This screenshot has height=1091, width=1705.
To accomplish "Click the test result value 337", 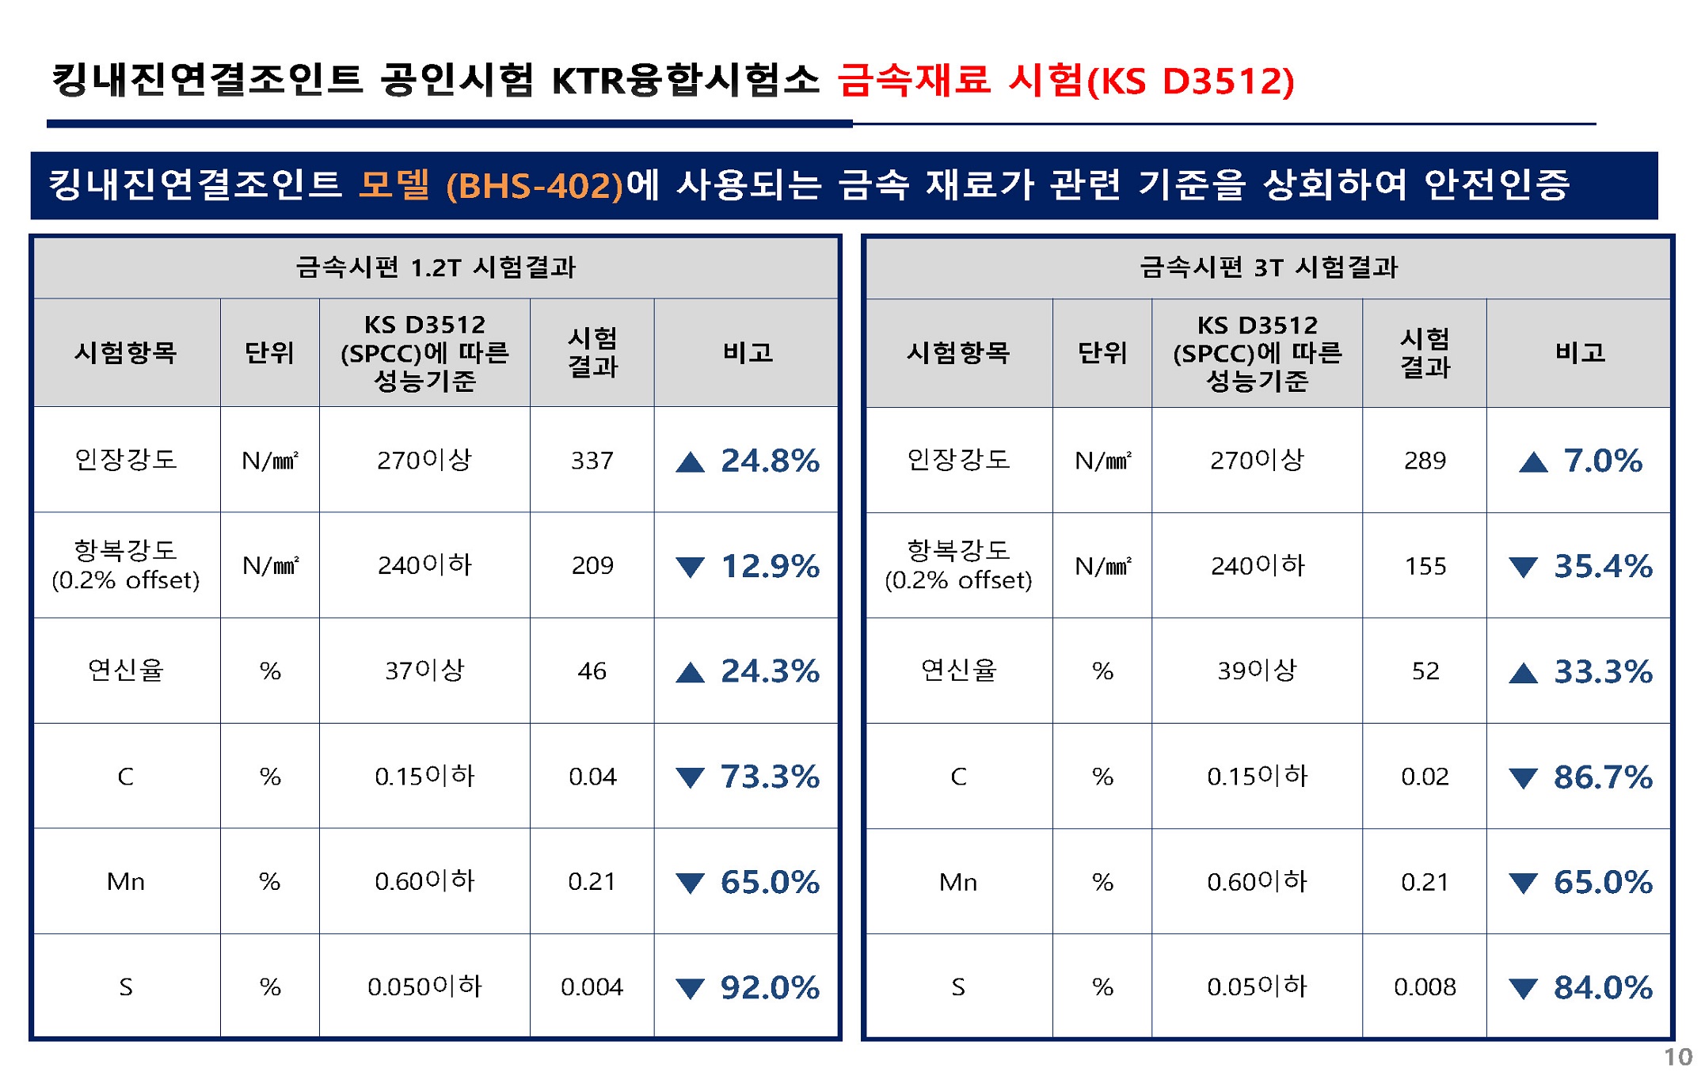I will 592,460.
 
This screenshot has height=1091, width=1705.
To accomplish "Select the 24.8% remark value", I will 769,460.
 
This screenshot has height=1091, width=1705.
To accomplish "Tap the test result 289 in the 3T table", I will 1425,460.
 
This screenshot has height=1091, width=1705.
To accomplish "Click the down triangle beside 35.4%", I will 1523,567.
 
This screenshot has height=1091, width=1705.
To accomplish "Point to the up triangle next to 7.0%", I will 1533,462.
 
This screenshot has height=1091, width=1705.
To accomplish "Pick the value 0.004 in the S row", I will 592,986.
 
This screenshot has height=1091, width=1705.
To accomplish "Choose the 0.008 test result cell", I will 1425,986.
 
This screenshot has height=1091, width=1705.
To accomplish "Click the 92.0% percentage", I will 769,987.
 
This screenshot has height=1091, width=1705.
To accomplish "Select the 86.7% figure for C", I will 1603,777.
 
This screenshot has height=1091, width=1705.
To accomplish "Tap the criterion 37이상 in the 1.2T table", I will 424,671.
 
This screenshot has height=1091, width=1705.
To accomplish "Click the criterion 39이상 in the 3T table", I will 1257,671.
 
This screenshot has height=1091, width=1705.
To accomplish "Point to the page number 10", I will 1677,1057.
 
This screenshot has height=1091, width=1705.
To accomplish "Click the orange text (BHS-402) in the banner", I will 535,186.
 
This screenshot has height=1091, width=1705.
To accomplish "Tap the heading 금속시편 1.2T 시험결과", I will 436,267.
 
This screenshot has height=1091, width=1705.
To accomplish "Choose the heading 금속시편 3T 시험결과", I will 1269,267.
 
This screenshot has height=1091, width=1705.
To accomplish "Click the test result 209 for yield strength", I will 592,565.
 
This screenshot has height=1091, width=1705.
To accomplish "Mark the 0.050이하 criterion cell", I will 424,986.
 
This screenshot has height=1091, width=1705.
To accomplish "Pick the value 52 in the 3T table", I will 1425,671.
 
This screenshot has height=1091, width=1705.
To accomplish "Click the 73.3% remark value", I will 769,777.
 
